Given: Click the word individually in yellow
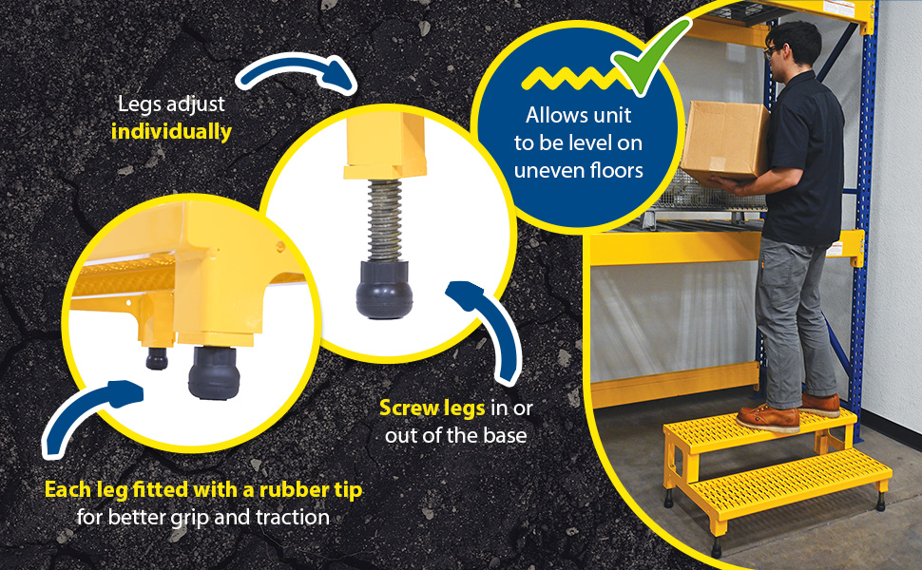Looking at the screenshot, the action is tap(171, 132).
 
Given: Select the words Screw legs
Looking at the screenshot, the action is tap(432, 408).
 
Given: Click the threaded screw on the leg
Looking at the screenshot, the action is tap(385, 220).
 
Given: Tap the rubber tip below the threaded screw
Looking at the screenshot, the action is tap(384, 291).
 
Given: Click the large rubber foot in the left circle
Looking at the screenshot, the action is tap(214, 373).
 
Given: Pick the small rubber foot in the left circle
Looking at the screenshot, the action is tap(157, 358).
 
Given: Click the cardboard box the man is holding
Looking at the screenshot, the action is tap(725, 141).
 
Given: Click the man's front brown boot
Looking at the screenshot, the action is tap(767, 418).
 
